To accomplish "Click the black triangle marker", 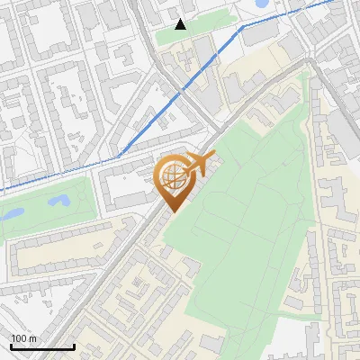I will (181, 24).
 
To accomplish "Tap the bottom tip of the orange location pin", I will (171, 211).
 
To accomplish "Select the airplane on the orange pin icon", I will (199, 164).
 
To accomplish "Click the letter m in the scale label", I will (33, 338).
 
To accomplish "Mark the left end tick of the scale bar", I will (10, 345).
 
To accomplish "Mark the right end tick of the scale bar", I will (74, 345).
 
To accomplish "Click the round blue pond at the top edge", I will (263, 4).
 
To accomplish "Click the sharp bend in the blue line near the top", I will (240, 28).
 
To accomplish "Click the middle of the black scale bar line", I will (42, 346).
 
